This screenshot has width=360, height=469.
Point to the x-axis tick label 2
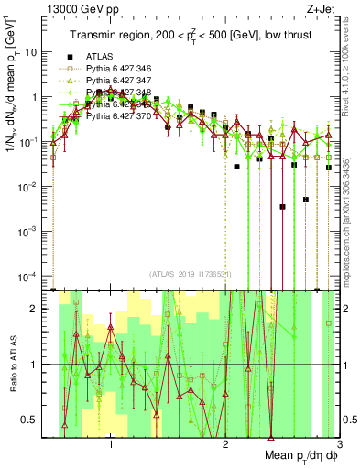pos(225,445)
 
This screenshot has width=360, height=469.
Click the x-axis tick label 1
pos(111,445)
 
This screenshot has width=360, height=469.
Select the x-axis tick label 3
pos(338,445)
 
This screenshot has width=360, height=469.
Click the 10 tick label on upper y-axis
pos(36,52)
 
